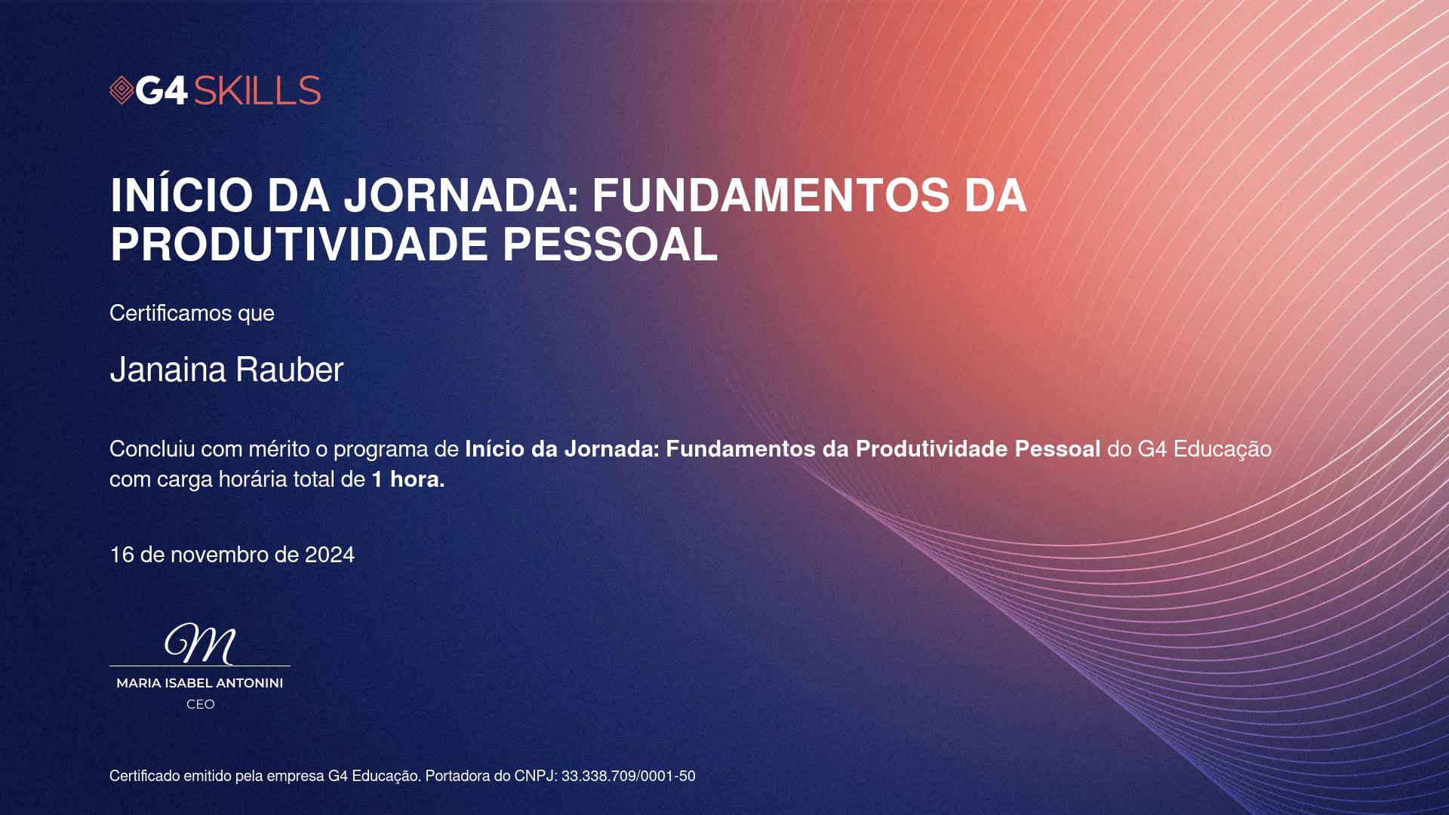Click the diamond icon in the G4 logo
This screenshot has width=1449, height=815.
click(x=122, y=91)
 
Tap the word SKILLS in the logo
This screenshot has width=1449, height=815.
click(x=257, y=91)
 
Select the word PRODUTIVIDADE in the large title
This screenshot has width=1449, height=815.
click(x=300, y=244)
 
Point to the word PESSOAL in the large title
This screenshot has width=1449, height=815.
click(x=610, y=244)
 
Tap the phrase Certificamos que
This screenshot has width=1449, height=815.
click(x=192, y=313)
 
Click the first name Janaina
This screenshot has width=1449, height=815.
click(x=168, y=370)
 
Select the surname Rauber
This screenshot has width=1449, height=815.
click(x=290, y=370)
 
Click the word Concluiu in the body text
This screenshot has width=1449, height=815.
click(x=152, y=449)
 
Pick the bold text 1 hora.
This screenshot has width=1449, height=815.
click(x=408, y=479)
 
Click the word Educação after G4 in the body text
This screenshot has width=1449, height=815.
click(x=1223, y=450)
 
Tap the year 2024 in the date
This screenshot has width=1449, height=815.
click(x=330, y=555)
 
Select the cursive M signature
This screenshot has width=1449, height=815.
click(x=200, y=644)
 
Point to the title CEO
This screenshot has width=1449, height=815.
click(x=201, y=704)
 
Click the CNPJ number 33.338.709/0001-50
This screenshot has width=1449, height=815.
click(x=629, y=776)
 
